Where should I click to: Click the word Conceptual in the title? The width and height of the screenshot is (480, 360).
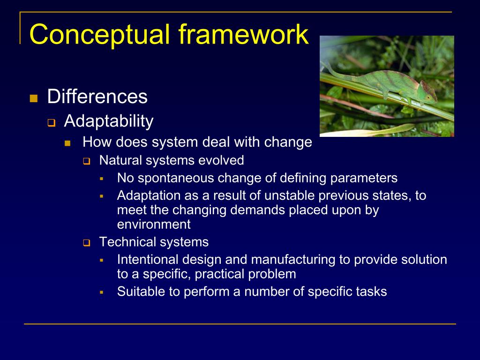pyautogui.click(x=99, y=35)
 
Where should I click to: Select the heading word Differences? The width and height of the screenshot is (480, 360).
pyautogui.click(x=97, y=97)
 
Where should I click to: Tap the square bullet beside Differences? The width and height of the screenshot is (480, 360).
pyautogui.click(x=34, y=98)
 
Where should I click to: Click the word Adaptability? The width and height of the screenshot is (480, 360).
pyautogui.click(x=109, y=121)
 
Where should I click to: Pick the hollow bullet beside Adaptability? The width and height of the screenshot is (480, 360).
pyautogui.click(x=52, y=123)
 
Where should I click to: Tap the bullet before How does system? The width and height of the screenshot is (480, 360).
pyautogui.click(x=67, y=143)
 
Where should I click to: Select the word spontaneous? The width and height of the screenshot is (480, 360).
pyautogui.click(x=176, y=178)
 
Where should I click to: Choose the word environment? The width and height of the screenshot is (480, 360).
pyautogui.click(x=154, y=225)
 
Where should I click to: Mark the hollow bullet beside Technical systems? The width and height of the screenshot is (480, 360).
pyautogui.click(x=87, y=243)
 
